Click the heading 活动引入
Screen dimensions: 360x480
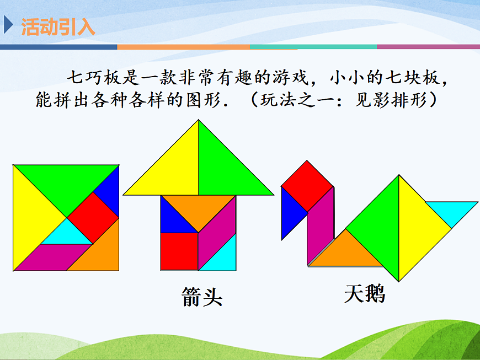click(57, 26)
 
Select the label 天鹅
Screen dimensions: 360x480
click(364, 294)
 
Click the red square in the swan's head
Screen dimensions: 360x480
click(307, 185)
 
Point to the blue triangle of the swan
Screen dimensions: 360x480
click(289, 213)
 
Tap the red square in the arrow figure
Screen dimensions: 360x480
click(179, 251)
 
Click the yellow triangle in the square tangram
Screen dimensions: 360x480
click(33, 218)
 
